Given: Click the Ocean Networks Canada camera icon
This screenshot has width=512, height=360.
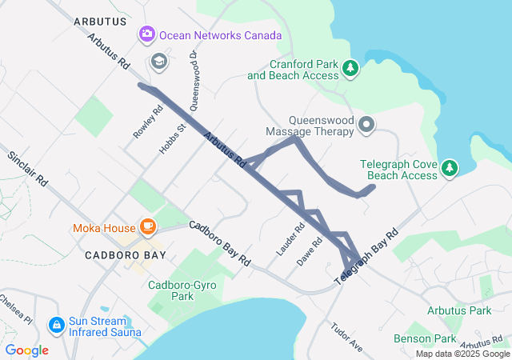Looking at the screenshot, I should coord(146,34).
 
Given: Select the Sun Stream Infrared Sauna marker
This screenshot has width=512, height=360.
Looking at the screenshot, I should coord(56,326).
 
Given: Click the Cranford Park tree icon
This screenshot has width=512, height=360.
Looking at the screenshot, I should coord(350,70).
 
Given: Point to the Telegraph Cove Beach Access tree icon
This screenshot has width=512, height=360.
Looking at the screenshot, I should coord(450,168).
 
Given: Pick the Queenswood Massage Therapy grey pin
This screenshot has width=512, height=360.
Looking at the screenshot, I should coord(366,124).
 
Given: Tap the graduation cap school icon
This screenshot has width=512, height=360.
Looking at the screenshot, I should coord(158,61).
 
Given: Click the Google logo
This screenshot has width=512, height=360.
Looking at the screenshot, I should coord(26,350).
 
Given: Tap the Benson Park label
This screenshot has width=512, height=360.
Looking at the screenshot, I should coord(425,338).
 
